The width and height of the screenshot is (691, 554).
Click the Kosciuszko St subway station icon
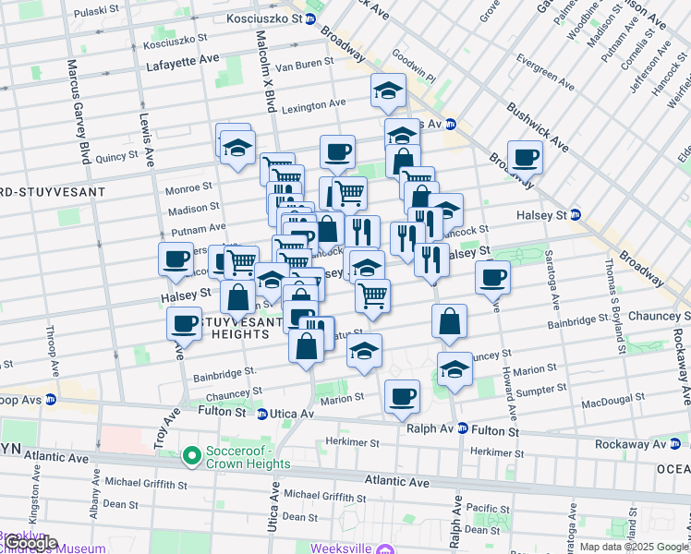click(310, 18)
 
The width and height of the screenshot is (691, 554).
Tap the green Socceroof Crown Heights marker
click(191, 454)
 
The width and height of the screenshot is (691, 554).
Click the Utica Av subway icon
click(262, 414)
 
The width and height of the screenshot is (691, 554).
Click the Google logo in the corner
click(30, 542)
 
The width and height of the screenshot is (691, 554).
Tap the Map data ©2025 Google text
click(634, 547)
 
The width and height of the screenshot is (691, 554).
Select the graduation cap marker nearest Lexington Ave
click(388, 90)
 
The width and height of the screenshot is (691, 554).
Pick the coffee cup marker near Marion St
click(402, 396)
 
